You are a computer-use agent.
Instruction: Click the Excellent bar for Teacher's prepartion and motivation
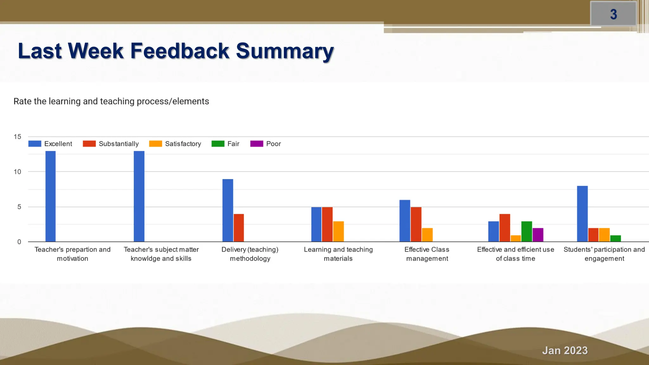(x=50, y=196)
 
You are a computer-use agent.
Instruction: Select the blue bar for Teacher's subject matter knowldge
(x=139, y=196)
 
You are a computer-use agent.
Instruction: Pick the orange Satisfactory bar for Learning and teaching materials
(x=338, y=231)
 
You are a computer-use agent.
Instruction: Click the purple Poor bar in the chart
(x=538, y=235)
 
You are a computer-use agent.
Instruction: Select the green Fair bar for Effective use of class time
(x=527, y=231)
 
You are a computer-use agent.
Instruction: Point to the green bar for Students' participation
(x=615, y=238)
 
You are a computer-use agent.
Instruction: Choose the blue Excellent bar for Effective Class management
(x=405, y=221)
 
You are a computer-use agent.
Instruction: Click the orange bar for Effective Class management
(x=427, y=235)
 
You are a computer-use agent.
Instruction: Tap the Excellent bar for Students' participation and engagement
(x=582, y=214)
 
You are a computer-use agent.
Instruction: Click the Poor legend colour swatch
(x=257, y=144)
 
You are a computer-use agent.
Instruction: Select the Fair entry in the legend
(x=233, y=144)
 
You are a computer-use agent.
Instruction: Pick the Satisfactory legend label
(x=183, y=144)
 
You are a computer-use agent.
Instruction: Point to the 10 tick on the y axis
(x=17, y=172)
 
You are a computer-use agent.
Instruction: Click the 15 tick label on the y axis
(x=17, y=137)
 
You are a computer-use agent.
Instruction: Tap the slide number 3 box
(x=614, y=14)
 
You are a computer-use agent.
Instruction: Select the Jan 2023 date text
(x=565, y=350)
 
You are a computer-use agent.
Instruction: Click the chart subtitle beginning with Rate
(x=111, y=101)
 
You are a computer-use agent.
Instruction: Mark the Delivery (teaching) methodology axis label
(x=250, y=254)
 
